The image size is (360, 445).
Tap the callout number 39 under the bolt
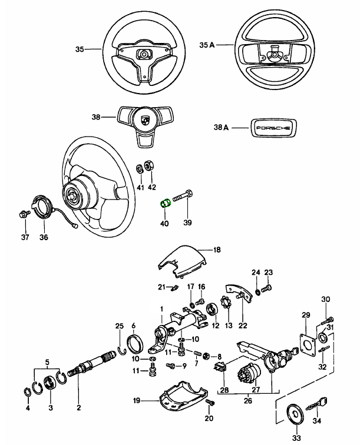pyautogui.click(x=187, y=223)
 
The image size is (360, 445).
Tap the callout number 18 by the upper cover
pyautogui.click(x=216, y=250)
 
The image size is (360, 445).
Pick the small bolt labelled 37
pyautogui.click(x=24, y=214)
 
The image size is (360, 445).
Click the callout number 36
pyautogui.click(x=44, y=238)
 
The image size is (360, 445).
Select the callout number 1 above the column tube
pyautogui.click(x=161, y=309)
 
